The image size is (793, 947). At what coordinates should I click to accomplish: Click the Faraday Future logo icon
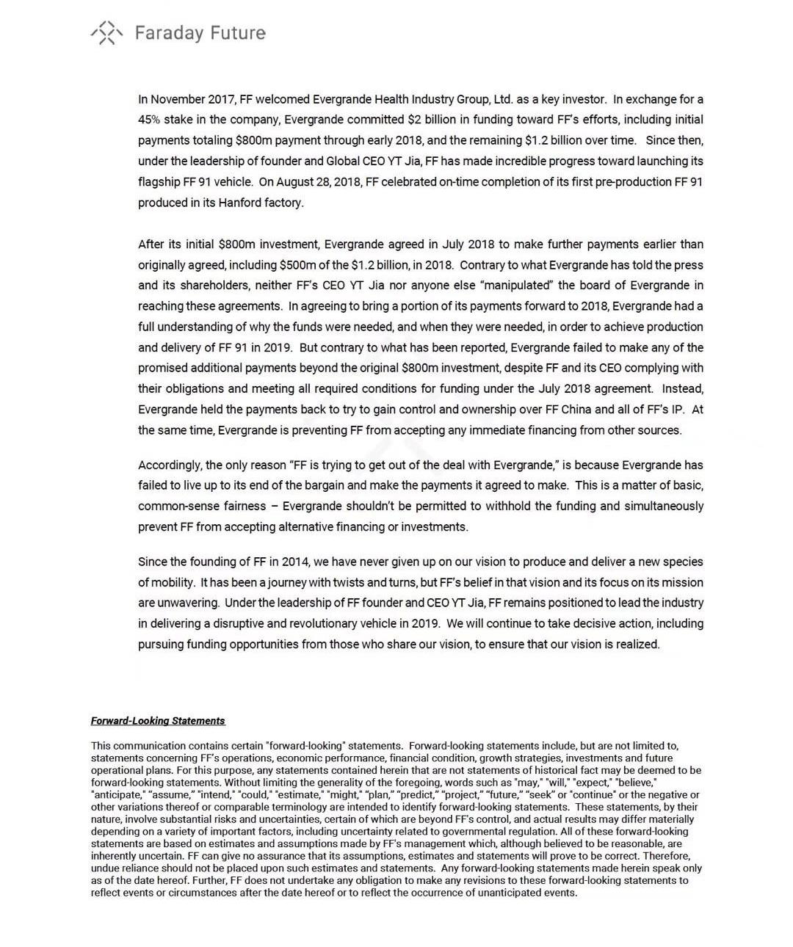click(x=106, y=33)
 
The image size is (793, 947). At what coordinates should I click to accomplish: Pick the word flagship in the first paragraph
click(x=159, y=182)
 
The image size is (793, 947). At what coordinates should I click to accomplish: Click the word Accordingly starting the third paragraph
click(x=170, y=465)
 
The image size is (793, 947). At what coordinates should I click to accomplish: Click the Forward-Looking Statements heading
click(x=158, y=721)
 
